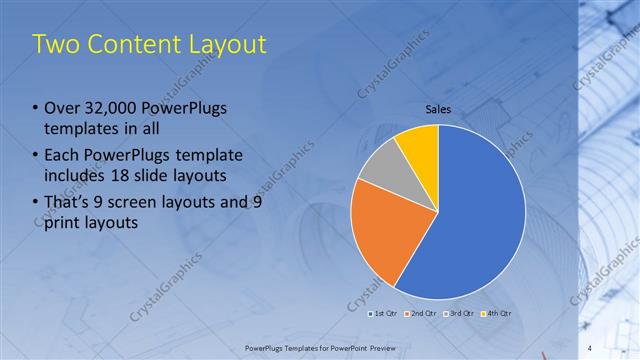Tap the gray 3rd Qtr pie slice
coord(381,165)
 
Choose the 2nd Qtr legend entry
coord(421,314)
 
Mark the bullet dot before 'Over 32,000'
coord(36,108)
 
